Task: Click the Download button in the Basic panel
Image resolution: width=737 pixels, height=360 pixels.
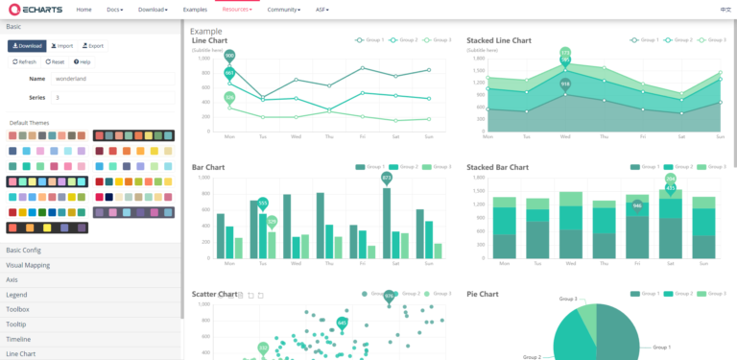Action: [x=27, y=45]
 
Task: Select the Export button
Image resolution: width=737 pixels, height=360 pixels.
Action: [x=93, y=45]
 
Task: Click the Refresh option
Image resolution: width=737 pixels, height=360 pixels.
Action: [x=24, y=61]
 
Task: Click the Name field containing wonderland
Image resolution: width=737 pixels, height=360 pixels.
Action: [x=112, y=78]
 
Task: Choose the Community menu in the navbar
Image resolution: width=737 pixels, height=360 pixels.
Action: [x=284, y=9]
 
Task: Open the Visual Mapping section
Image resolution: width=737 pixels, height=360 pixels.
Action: [x=28, y=264]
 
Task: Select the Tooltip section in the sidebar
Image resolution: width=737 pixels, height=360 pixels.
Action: [x=18, y=324]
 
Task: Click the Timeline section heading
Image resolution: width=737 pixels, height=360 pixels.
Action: [x=18, y=339]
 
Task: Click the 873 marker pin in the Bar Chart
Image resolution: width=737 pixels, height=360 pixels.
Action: [x=387, y=178]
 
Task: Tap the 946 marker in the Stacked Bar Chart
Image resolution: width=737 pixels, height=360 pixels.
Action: [x=636, y=205]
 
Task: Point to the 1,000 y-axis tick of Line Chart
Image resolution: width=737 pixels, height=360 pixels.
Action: [x=203, y=58]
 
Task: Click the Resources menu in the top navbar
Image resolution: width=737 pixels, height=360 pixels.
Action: [x=236, y=9]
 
